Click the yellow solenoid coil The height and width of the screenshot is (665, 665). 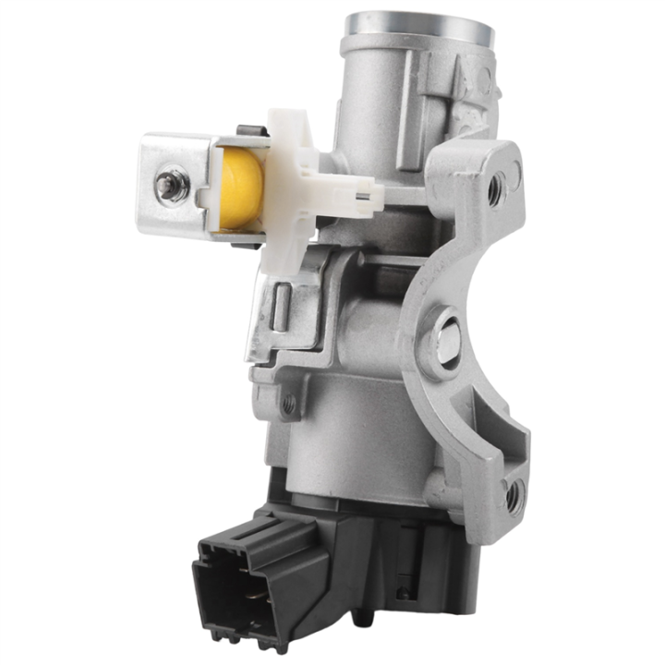click(241, 190)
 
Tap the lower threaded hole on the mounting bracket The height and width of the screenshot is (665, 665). click(514, 495)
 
